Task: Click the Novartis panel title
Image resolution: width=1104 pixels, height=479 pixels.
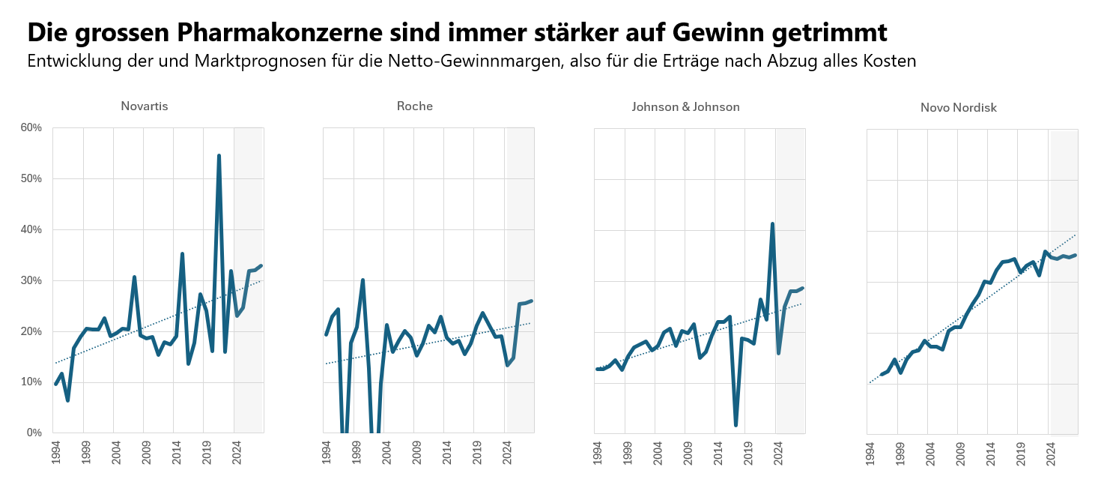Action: [x=144, y=106]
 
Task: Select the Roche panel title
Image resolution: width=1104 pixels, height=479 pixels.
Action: [x=414, y=106]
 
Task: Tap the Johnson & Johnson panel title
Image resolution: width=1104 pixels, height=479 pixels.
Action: [x=685, y=107]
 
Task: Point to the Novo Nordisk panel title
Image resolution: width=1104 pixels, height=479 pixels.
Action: [x=958, y=108]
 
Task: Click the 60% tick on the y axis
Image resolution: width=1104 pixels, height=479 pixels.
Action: [x=31, y=128]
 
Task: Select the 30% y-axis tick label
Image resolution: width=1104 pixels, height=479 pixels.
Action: [x=31, y=281]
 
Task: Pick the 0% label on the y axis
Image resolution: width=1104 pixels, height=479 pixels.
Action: [x=34, y=433]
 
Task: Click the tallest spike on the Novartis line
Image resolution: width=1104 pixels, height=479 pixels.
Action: [x=219, y=156]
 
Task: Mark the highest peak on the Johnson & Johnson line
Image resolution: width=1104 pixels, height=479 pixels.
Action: [x=772, y=223]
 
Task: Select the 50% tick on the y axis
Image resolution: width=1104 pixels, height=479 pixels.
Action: [x=31, y=179]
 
